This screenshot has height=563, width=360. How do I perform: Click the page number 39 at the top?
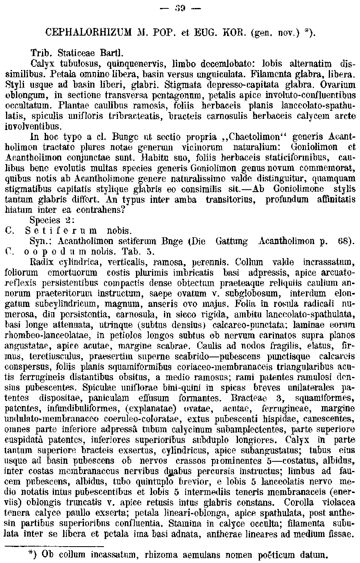tap(179, 8)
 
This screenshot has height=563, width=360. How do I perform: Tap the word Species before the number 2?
tap(44, 220)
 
